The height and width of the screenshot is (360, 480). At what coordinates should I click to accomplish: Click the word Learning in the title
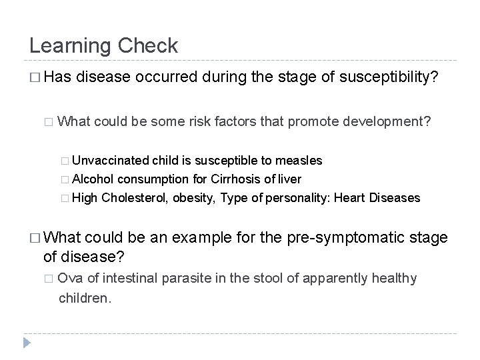pos(71,46)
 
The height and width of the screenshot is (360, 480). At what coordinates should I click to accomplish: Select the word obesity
pos(199,197)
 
